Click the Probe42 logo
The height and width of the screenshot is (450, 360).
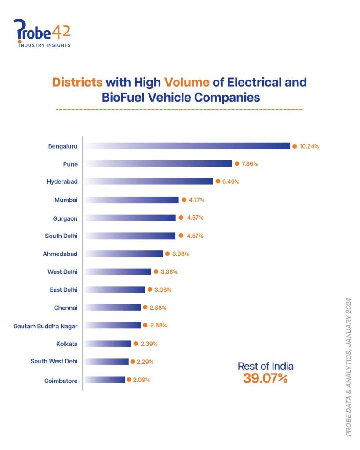(x=42, y=33)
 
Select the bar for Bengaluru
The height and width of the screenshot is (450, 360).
(x=187, y=146)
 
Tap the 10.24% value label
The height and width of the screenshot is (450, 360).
(x=309, y=146)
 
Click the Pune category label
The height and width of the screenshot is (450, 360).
(x=70, y=164)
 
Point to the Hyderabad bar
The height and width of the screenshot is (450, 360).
(x=149, y=181)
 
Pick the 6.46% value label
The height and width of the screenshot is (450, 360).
(x=230, y=181)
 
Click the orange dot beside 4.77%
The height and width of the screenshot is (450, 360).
(x=184, y=200)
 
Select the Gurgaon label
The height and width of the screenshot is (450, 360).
(x=66, y=218)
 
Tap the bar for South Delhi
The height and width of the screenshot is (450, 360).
(x=130, y=236)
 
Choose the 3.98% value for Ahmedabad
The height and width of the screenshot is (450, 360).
(x=180, y=254)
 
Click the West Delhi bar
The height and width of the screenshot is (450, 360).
(x=117, y=272)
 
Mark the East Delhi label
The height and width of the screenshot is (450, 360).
(x=64, y=290)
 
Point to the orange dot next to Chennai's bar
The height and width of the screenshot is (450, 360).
(x=145, y=308)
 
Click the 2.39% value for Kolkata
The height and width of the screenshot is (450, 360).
(x=149, y=344)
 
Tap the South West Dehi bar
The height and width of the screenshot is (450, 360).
(x=106, y=361)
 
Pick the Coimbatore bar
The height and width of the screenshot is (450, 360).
(x=105, y=379)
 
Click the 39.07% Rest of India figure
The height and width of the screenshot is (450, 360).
(x=265, y=378)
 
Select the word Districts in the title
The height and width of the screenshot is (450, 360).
(x=77, y=82)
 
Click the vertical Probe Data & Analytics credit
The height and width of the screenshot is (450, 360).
(x=349, y=367)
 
